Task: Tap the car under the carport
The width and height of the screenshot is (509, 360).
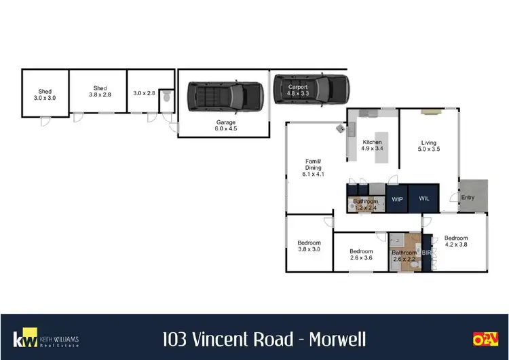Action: click(x=312, y=89)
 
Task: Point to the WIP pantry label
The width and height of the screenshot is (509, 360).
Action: click(x=398, y=199)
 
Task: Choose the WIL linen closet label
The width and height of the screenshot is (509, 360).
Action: click(x=424, y=199)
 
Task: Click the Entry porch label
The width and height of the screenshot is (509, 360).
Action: click(x=468, y=198)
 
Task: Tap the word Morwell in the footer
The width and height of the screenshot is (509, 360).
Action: click(x=337, y=338)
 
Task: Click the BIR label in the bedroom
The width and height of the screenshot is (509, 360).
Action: click(x=427, y=253)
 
